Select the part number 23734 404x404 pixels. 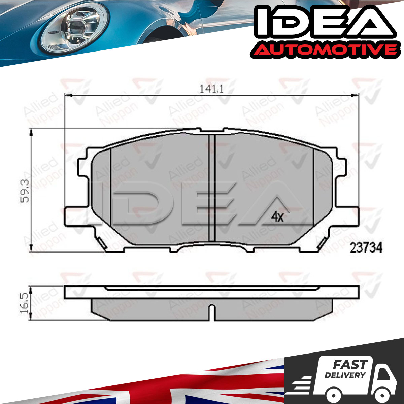point(366,248)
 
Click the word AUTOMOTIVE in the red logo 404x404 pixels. point(324,50)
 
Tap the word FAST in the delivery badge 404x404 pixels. point(350,364)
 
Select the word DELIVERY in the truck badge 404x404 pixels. point(345,375)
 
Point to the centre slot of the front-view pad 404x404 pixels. point(212,188)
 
